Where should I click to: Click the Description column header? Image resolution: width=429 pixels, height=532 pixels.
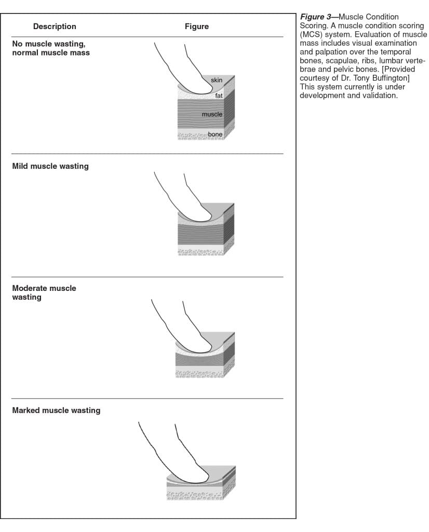pyautogui.click(x=55, y=26)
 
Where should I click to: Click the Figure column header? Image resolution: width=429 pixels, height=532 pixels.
pyautogui.click(x=196, y=26)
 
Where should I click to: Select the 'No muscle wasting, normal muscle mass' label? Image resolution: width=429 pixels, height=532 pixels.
pyautogui.click(x=50, y=48)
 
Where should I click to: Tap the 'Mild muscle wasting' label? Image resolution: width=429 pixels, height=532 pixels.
pyautogui.click(x=50, y=166)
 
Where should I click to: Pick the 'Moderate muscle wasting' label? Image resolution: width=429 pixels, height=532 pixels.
pyautogui.click(x=44, y=292)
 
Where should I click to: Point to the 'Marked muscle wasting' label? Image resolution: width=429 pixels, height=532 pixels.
pyautogui.click(x=56, y=410)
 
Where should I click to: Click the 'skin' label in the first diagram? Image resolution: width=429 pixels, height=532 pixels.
pyautogui.click(x=217, y=80)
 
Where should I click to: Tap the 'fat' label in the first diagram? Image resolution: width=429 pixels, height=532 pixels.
pyautogui.click(x=219, y=96)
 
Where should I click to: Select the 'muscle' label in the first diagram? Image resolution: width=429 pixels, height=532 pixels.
pyautogui.click(x=212, y=114)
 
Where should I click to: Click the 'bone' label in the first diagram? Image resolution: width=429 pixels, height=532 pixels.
pyautogui.click(x=215, y=135)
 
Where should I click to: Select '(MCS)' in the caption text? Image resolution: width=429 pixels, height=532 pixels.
pyautogui.click(x=312, y=34)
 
